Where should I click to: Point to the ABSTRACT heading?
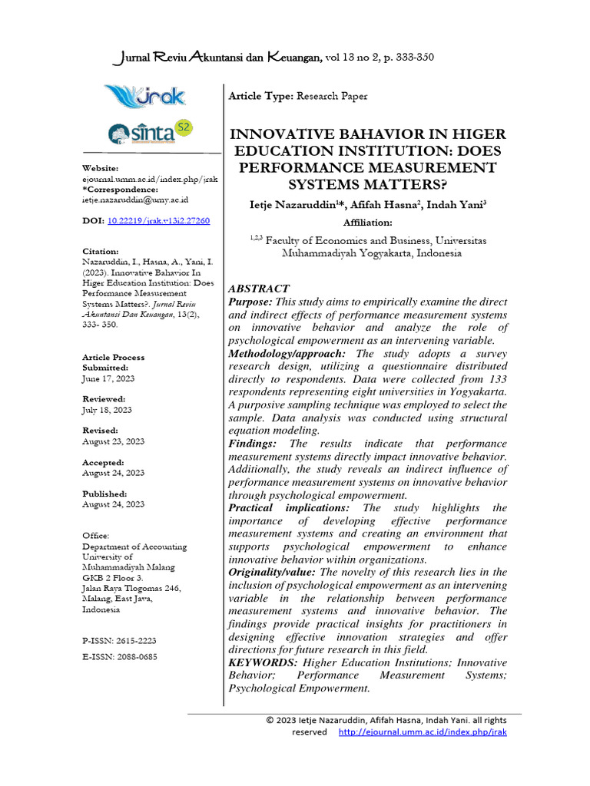click(259, 289)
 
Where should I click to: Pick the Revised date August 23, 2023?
click(113, 441)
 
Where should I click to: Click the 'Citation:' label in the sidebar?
click(101, 251)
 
